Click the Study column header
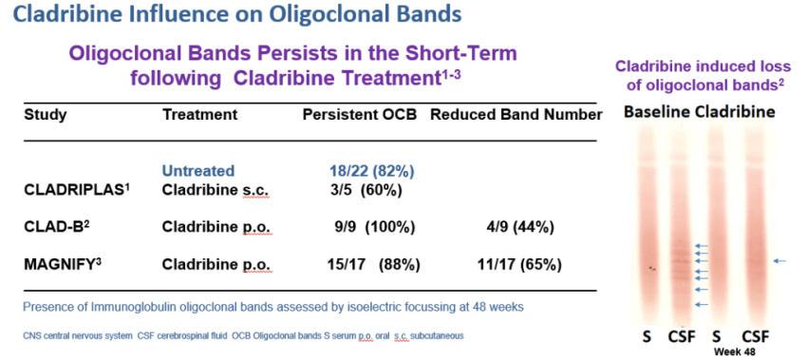pyautogui.click(x=46, y=114)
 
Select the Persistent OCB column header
pyautogui.click(x=360, y=114)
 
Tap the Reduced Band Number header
pyautogui.click(x=516, y=114)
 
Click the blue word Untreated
pyautogui.click(x=198, y=170)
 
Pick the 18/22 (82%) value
pyautogui.click(x=371, y=170)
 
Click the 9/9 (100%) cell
pyautogui.click(x=374, y=227)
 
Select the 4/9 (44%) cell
pyautogui.click(x=516, y=227)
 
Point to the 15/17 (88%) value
pyautogui.click(x=373, y=264)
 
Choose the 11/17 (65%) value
pyautogui.click(x=518, y=264)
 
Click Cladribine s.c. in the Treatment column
pyautogui.click(x=216, y=190)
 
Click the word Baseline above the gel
pyautogui.click(x=656, y=112)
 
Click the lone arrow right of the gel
pyautogui.click(x=780, y=261)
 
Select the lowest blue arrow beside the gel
pyautogui.click(x=702, y=305)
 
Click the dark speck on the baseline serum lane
pyautogui.click(x=652, y=268)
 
